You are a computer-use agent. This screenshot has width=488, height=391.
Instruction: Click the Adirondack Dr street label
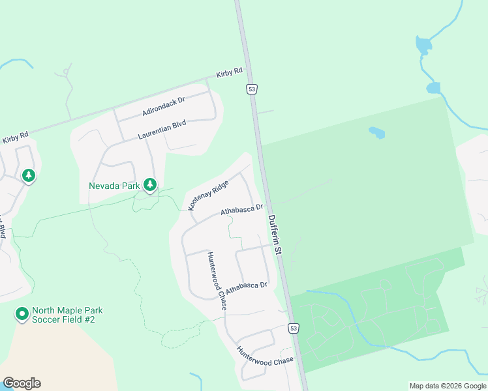point(164,107)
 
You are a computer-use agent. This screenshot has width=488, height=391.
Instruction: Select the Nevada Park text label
point(115,185)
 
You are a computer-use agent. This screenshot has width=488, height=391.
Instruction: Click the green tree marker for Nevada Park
point(150,185)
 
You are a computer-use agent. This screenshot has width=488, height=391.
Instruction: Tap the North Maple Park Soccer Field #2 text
point(68,316)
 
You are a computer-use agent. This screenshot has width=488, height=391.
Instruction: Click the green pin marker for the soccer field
point(22,315)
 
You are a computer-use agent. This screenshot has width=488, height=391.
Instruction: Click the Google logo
point(22,383)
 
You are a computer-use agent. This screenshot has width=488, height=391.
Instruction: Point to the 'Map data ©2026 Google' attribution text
point(447,386)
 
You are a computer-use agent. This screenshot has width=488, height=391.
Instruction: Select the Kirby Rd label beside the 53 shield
point(230,72)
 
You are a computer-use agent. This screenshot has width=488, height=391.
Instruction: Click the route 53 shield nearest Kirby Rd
point(252,89)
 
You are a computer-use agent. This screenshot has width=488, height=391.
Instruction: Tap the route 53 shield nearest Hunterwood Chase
point(294,328)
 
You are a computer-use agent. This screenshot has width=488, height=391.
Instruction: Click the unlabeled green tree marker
point(28,175)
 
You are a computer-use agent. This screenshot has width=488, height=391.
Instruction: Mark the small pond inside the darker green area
point(376,133)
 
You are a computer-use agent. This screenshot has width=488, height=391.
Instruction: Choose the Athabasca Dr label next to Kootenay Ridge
point(241,210)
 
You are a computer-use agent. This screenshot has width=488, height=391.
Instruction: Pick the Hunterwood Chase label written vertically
point(217,280)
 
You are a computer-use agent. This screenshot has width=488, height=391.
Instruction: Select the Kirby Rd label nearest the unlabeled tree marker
point(16,138)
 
